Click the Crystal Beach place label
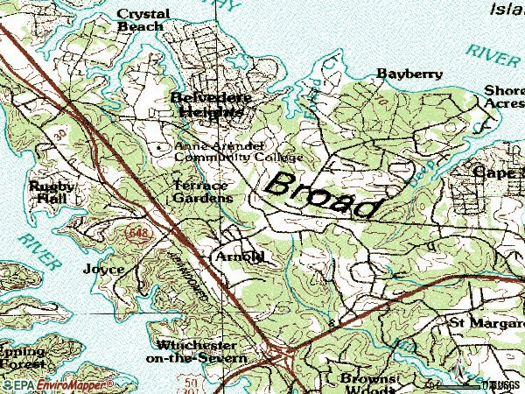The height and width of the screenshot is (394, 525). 141,20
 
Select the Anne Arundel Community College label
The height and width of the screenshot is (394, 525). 238,151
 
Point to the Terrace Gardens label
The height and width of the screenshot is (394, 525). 201,192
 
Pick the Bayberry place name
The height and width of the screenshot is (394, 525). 409,74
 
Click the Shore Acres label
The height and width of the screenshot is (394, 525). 504,96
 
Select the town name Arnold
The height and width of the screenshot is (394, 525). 239,257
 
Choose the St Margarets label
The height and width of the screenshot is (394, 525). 486,322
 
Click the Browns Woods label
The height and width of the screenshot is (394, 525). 368,383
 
